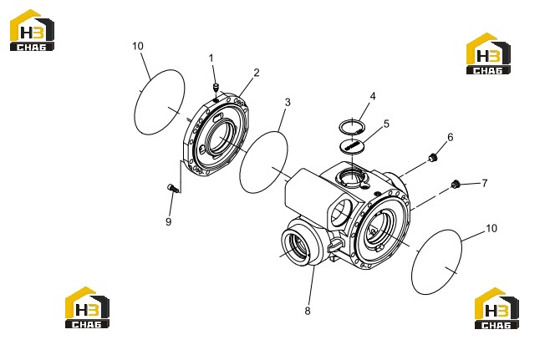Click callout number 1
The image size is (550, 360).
click(211, 58)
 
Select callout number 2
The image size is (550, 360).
click(257, 73)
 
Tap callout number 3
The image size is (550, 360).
click(288, 103)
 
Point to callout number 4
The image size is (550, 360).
click(373, 96)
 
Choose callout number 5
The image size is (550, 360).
click(386, 124)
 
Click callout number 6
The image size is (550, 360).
click(450, 137)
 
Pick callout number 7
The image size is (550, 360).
click(485, 183)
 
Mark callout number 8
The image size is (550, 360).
click(308, 311)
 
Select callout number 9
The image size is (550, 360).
click(169, 221)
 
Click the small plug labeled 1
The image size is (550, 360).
click(216, 87)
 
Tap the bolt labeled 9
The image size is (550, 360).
click(173, 188)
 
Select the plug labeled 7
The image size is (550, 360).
click(456, 184)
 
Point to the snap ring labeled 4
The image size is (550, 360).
click(352, 122)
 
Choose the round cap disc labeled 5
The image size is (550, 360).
click(352, 145)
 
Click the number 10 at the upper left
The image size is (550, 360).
click(138, 46)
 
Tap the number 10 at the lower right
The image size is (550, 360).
click(491, 228)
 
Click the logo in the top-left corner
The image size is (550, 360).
click(32, 30)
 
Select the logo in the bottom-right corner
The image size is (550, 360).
click(497, 308)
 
